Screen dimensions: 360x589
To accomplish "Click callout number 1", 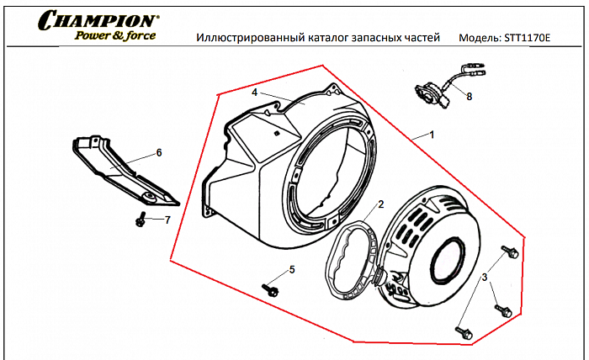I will [432, 134].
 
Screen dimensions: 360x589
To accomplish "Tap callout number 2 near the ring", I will [380, 204].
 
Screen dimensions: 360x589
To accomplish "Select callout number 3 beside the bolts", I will [485, 277].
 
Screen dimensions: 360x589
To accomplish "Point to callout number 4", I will [254, 92].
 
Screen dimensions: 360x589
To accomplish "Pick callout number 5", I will [292, 269].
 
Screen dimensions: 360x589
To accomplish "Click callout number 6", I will [157, 153].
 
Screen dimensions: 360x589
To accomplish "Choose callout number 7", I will [167, 220].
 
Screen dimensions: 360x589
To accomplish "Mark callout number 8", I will [469, 97].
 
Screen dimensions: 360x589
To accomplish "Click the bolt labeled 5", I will [271, 289].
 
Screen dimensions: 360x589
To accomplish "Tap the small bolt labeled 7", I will [141, 220].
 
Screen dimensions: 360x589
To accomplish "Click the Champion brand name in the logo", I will [98, 19].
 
